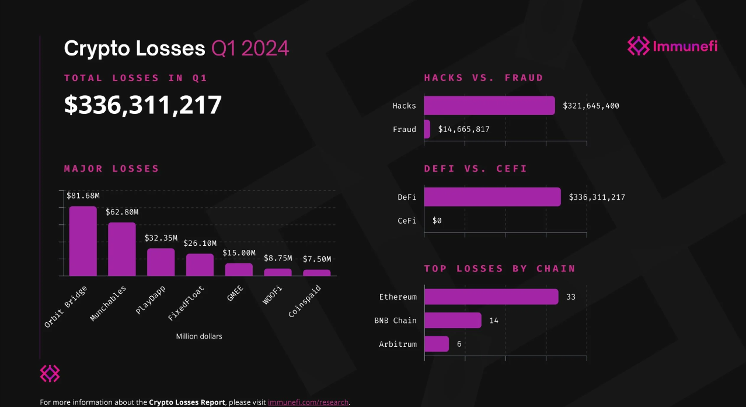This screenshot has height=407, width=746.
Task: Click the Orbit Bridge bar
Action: click(x=83, y=241)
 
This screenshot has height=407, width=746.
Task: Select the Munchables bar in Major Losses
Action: click(x=121, y=249)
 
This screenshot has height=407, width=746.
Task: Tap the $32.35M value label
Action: click(x=160, y=238)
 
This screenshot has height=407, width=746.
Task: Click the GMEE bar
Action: click(x=239, y=269)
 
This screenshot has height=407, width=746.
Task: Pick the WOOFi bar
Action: click(x=277, y=272)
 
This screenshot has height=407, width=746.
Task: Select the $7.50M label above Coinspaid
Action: click(x=317, y=259)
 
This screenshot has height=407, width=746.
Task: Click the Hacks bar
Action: click(x=489, y=106)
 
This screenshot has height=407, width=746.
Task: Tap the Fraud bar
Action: click(x=427, y=129)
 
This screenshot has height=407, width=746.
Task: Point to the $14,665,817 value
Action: click(x=463, y=129)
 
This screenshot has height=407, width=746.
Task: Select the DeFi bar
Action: click(x=492, y=197)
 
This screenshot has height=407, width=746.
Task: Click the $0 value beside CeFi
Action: click(x=437, y=221)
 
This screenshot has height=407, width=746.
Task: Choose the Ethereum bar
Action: click(x=491, y=297)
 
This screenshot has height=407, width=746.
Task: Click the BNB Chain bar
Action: click(x=452, y=320)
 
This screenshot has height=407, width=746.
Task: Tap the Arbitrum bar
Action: click(x=436, y=344)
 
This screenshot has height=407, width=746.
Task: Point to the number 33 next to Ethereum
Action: click(x=570, y=297)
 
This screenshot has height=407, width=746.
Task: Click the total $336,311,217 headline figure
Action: click(x=143, y=105)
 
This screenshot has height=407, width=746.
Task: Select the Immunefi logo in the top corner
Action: click(x=672, y=46)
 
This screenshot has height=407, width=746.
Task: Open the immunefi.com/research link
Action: click(x=308, y=402)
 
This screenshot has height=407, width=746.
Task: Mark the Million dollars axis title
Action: click(x=199, y=336)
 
